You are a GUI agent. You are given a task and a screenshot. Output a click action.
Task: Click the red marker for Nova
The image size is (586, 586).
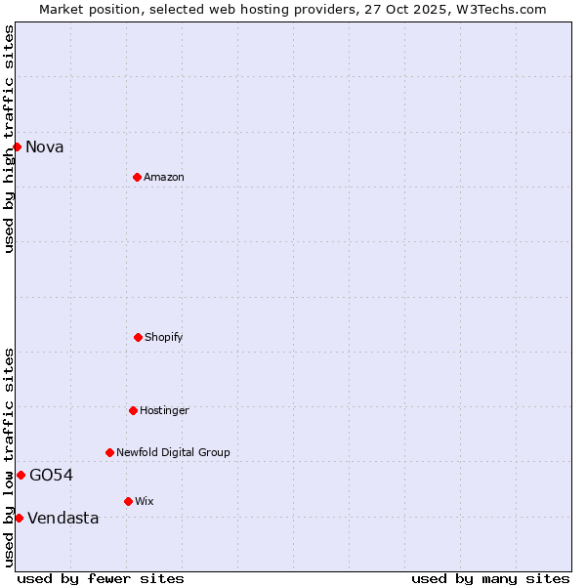(17, 146)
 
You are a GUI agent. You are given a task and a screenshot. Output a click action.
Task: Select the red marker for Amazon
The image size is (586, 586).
(137, 177)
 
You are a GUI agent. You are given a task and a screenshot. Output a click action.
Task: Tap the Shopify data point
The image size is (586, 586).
(138, 337)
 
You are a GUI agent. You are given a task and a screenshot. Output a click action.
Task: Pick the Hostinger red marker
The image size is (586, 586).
(133, 410)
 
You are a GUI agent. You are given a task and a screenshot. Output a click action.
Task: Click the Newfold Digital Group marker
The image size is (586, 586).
(109, 452)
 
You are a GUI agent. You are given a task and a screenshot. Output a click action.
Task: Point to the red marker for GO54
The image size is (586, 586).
(21, 475)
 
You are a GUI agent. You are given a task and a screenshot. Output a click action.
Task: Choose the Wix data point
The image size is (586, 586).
(128, 501)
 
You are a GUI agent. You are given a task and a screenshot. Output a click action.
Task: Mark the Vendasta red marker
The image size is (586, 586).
(19, 518)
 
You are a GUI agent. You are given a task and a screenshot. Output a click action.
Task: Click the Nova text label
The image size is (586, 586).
(45, 147)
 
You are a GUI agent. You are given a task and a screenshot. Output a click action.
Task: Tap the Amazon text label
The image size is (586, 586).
(164, 178)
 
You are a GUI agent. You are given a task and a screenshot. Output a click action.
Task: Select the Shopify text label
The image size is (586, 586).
(164, 338)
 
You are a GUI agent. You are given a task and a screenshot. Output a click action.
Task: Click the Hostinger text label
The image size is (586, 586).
(164, 411)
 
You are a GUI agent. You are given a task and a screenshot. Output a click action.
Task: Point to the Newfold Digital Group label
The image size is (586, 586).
(173, 453)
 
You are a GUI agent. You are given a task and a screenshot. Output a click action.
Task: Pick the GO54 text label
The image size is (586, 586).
(51, 476)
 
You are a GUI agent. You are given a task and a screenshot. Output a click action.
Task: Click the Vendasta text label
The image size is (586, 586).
(63, 519)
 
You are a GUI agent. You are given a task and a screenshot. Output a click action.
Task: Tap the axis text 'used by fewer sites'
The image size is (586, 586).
(101, 578)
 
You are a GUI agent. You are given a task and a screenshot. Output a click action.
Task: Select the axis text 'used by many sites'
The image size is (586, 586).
(490, 578)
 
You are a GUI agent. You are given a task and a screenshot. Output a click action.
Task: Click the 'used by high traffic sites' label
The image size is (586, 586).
(9, 139)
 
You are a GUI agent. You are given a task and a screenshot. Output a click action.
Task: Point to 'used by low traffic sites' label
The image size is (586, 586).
(9, 457)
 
